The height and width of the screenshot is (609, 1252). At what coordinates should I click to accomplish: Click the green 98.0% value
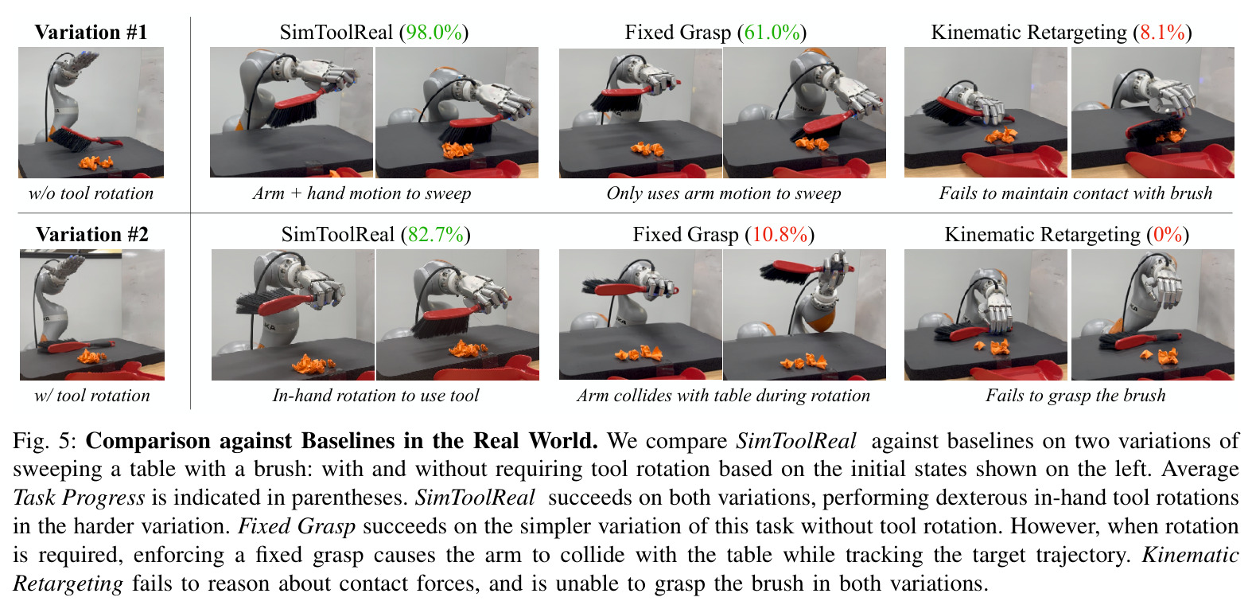point(434,33)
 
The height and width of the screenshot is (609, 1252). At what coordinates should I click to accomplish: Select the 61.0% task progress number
point(772,33)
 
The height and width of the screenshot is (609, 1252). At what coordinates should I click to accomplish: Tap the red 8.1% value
point(1163,33)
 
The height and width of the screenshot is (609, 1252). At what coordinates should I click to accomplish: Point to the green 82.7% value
point(436,234)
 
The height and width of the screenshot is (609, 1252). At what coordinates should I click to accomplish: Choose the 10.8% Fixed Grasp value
point(780,234)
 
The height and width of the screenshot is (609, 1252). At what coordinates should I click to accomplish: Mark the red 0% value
point(1168,234)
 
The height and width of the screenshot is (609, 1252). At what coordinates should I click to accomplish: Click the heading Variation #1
point(91,32)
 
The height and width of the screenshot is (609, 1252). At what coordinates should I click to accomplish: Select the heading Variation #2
point(92,234)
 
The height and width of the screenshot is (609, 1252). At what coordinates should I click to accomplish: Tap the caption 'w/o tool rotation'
point(91,193)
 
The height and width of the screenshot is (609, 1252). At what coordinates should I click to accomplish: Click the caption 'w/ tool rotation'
point(92,396)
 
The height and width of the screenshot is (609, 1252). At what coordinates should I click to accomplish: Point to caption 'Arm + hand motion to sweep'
point(362,193)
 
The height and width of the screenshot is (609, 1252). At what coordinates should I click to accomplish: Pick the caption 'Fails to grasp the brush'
point(1075,396)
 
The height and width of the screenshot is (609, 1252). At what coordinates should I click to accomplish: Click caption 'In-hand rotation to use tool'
point(375,396)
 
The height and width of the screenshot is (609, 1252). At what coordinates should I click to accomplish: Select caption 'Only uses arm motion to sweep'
point(723,193)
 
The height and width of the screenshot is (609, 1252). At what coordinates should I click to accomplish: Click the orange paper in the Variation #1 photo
point(96,162)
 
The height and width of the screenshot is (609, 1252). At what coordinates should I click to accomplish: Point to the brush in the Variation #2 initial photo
point(77,345)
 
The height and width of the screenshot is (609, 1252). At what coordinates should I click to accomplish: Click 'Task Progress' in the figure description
point(79,498)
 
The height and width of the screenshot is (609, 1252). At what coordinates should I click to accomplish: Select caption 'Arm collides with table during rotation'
point(723,396)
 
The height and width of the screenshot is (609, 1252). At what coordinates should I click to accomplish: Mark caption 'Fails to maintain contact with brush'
point(1075,193)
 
